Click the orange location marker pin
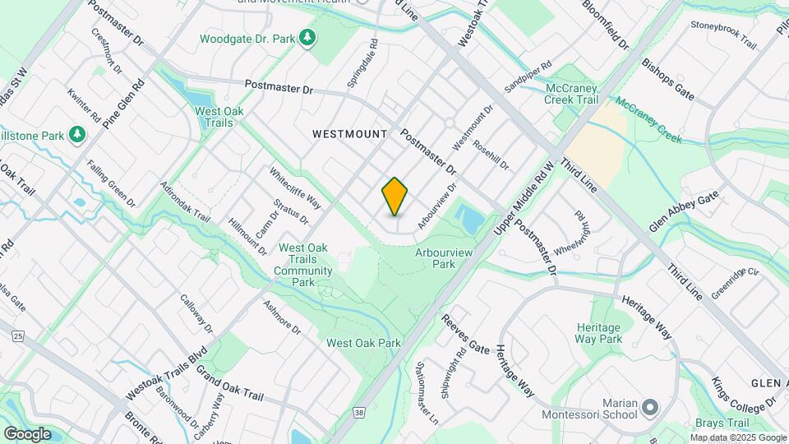[394, 197]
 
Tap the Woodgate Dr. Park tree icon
[307, 38]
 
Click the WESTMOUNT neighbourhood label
[349, 133]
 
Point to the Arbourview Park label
[436, 259]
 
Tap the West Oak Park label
[363, 343]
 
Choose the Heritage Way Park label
[599, 333]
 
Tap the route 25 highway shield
[18, 335]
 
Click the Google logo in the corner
[27, 433]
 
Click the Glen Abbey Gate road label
[685, 210]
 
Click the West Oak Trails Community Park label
[303, 265]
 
